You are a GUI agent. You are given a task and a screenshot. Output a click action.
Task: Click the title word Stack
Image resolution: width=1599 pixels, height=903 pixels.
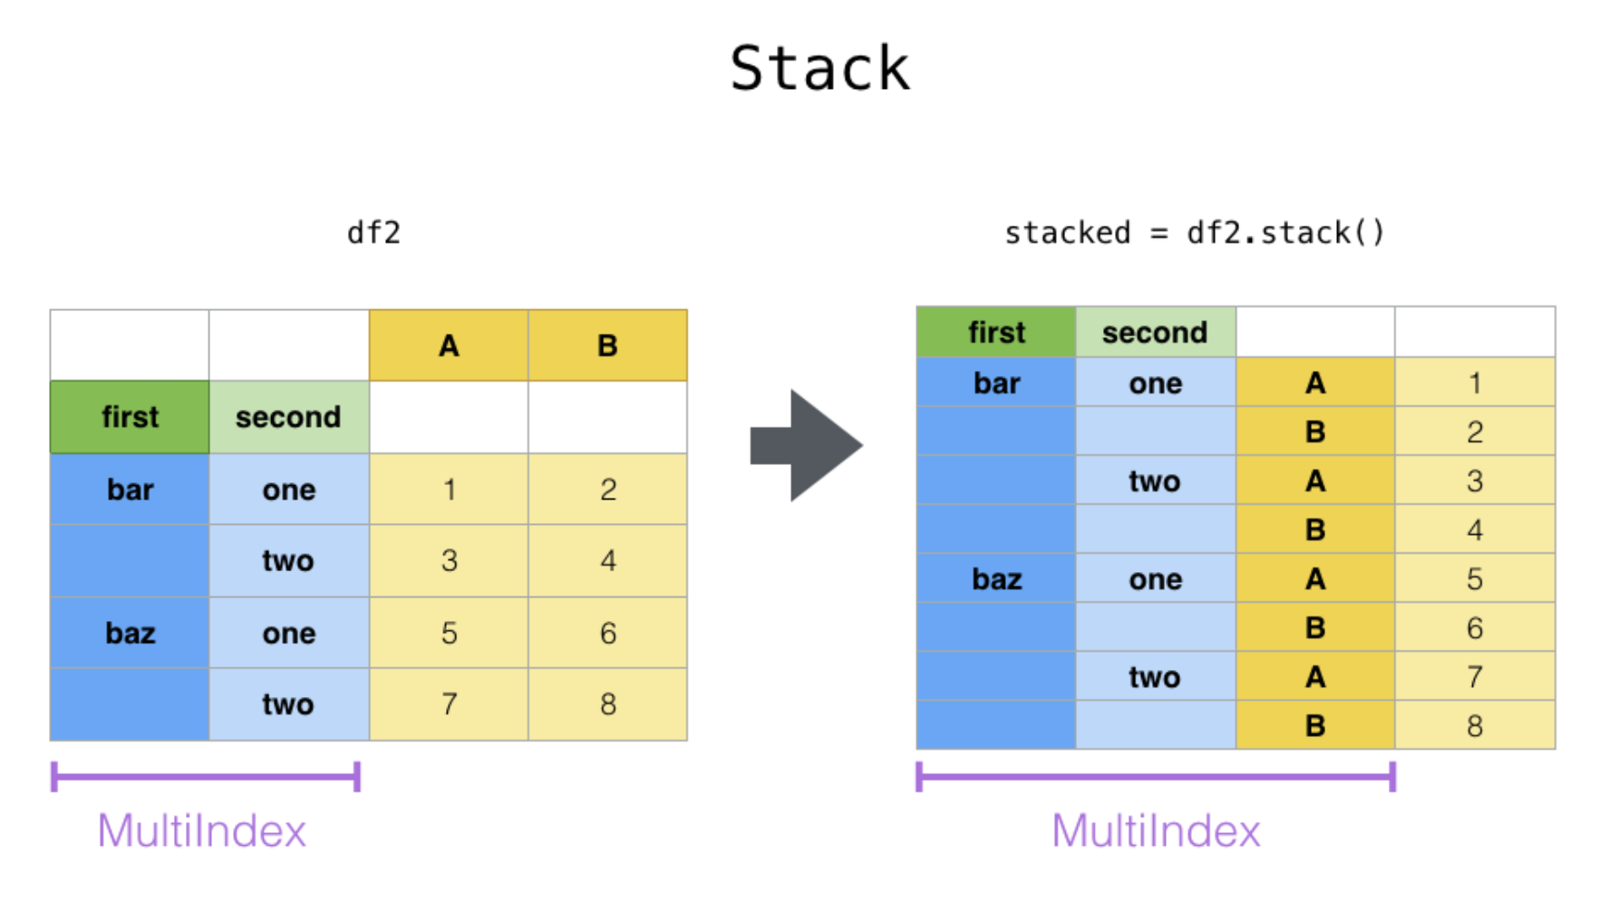(819, 69)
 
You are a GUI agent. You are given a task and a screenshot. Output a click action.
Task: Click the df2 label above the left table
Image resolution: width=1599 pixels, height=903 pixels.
(373, 233)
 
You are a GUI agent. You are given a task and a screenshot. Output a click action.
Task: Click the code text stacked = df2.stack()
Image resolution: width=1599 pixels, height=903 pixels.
(1195, 233)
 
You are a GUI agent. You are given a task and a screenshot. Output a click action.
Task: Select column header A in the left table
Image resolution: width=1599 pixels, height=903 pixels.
(449, 345)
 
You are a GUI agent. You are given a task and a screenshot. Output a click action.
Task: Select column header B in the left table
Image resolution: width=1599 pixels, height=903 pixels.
(607, 345)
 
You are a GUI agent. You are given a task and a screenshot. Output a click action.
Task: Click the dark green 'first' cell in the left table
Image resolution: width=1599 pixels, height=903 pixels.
(130, 417)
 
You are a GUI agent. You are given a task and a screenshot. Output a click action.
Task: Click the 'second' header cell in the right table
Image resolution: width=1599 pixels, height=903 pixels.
(1155, 333)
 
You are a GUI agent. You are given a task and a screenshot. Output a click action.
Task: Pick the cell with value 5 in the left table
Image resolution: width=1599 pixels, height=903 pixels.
(449, 633)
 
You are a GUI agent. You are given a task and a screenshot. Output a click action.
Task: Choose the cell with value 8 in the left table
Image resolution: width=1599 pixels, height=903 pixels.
(607, 704)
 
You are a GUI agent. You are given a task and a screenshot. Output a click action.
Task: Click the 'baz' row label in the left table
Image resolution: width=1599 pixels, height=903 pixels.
(130, 633)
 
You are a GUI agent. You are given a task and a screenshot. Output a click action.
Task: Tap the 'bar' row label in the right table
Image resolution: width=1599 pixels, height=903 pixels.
(996, 384)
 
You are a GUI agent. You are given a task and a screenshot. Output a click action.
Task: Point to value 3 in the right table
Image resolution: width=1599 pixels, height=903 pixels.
(1475, 481)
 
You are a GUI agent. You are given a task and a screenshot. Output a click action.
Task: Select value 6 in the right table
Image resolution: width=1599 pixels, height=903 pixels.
(1475, 628)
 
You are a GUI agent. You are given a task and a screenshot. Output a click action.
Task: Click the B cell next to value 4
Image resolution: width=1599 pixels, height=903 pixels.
(1315, 530)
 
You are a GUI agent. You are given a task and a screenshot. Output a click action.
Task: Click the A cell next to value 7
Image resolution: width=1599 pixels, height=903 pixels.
(1315, 677)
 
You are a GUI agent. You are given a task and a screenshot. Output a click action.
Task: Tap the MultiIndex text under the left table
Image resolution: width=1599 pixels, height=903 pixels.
(201, 830)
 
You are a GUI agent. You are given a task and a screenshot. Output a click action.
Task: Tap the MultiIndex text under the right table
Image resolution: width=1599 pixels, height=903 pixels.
(1156, 830)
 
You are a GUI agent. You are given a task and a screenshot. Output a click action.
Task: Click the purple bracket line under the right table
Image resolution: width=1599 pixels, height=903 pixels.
(1156, 777)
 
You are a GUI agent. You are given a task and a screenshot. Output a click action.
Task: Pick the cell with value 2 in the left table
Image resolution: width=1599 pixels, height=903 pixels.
(607, 490)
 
